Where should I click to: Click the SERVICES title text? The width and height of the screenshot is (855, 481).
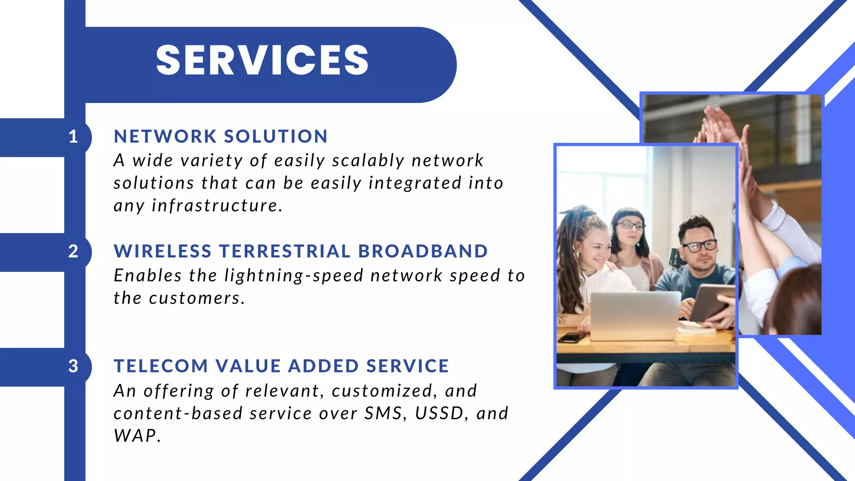[262, 61]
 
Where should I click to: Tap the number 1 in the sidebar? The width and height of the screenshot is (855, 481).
[73, 137]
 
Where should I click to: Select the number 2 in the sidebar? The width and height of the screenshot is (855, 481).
[73, 251]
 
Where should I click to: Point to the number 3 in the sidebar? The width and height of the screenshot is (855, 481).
[73, 366]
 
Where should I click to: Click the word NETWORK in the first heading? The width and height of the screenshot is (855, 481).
[165, 137]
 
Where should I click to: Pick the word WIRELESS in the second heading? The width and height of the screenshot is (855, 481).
[163, 251]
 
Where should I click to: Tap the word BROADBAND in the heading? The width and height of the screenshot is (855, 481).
[423, 251]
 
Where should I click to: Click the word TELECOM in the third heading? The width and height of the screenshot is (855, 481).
[161, 366]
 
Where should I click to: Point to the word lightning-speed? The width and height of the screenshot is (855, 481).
[294, 276]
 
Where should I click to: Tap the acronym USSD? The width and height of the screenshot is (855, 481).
[439, 413]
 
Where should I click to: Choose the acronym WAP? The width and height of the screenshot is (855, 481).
[135, 436]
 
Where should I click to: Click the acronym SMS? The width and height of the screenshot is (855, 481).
[383, 413]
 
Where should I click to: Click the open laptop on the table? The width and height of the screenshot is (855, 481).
[635, 315]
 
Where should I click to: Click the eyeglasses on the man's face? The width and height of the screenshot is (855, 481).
[699, 246]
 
